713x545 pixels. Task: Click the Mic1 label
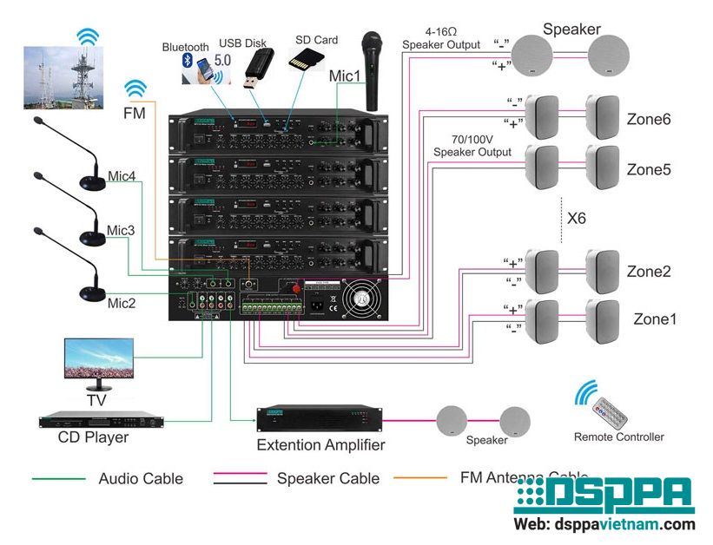point(345,76)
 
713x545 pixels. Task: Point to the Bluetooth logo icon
point(187,61)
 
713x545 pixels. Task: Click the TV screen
point(99,359)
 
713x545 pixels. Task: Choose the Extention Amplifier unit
point(320,419)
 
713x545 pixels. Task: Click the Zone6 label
point(648,120)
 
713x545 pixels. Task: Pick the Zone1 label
point(655,318)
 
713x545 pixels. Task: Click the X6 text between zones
point(576,218)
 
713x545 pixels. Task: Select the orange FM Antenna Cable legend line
point(420,477)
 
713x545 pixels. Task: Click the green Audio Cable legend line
point(58,478)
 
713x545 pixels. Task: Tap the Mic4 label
point(121,176)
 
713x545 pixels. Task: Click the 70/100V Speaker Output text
point(472,145)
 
